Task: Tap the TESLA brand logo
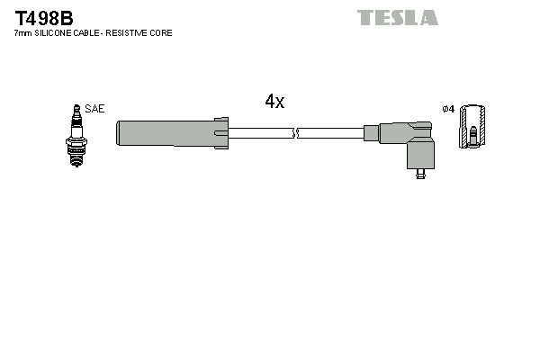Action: (397, 17)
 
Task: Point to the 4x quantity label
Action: (274, 102)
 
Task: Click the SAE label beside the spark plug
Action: (95, 108)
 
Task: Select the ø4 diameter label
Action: (448, 109)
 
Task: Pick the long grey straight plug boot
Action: (166, 132)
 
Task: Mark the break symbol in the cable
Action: (295, 133)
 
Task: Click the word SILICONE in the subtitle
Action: (57, 32)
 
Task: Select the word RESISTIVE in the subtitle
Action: (129, 32)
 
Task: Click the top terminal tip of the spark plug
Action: (76, 105)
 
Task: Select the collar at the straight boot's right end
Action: (220, 132)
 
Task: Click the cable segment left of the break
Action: (261, 133)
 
